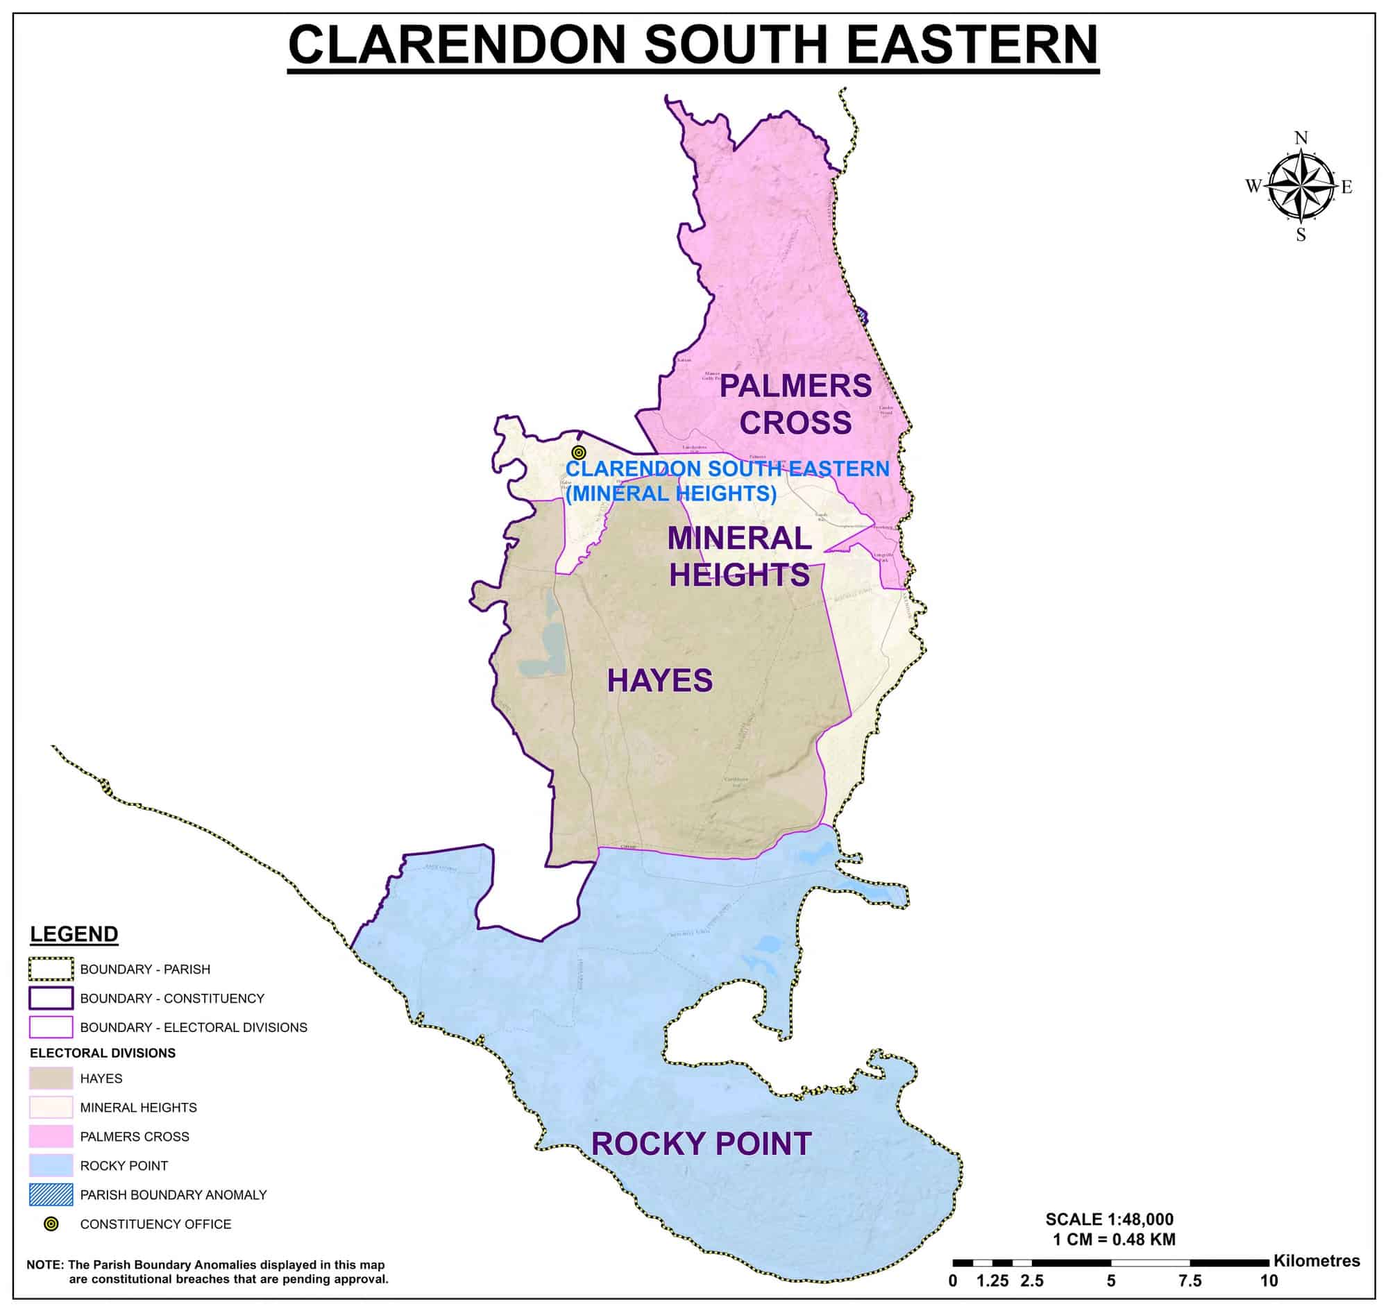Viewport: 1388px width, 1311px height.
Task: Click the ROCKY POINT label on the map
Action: pyautogui.click(x=701, y=1144)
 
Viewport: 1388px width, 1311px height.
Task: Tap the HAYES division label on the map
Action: pyautogui.click(x=659, y=681)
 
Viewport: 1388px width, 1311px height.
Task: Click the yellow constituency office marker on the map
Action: pyautogui.click(x=578, y=452)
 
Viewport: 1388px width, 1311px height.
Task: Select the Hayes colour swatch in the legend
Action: pyautogui.click(x=51, y=1079)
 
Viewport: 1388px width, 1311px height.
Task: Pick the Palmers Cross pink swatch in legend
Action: pyautogui.click(x=51, y=1136)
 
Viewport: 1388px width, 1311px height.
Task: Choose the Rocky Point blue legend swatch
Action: pyautogui.click(x=51, y=1166)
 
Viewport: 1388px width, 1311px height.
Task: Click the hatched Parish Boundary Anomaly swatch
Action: pyautogui.click(x=51, y=1195)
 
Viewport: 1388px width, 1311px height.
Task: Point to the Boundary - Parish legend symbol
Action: pyautogui.click(x=51, y=970)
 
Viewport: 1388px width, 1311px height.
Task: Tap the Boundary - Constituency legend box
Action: pyautogui.click(x=51, y=998)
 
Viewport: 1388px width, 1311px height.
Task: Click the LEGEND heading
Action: pyautogui.click(x=74, y=934)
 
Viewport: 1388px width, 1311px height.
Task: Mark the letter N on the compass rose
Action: pyautogui.click(x=1301, y=137)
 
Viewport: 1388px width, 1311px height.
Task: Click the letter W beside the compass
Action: pyautogui.click(x=1253, y=186)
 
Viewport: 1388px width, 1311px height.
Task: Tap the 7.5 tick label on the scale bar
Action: pyautogui.click(x=1190, y=1281)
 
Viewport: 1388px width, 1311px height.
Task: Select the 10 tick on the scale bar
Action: pyautogui.click(x=1269, y=1281)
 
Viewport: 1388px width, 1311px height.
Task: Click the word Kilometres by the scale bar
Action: pyautogui.click(x=1316, y=1261)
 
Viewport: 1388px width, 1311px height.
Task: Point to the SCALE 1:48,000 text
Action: pyautogui.click(x=1109, y=1219)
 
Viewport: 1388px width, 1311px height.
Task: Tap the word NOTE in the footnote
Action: pyautogui.click(x=44, y=1265)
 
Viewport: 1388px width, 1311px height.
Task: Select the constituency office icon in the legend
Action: pyautogui.click(x=51, y=1224)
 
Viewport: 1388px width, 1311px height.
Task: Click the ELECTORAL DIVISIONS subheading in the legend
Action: pyautogui.click(x=103, y=1053)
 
